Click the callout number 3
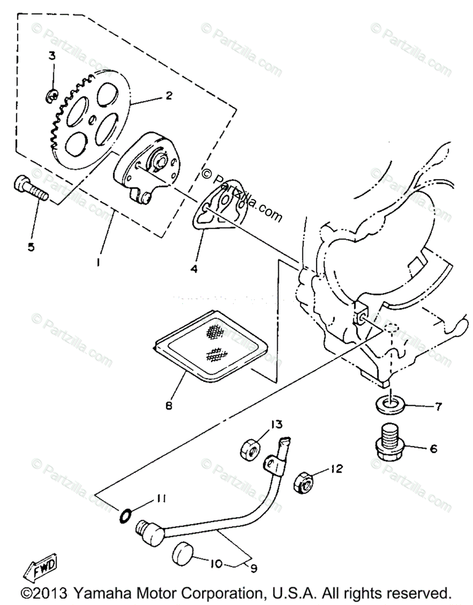52,56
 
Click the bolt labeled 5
30,189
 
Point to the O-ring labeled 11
126,515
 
